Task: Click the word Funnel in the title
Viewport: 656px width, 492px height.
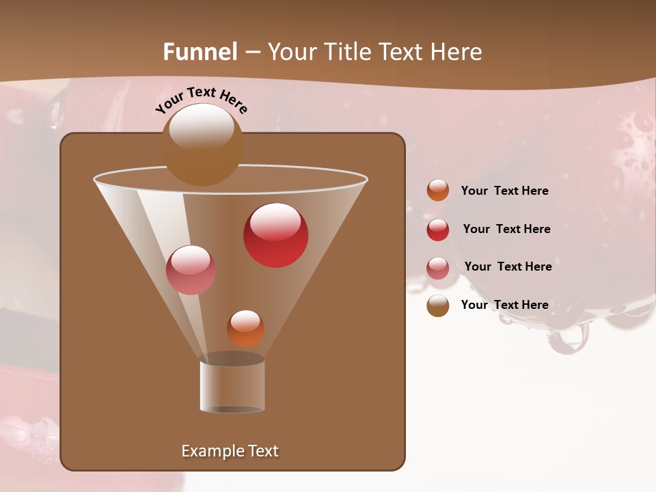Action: [x=200, y=52]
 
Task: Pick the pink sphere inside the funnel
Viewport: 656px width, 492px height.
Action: [x=191, y=270]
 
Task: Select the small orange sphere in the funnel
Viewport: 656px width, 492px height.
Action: [x=245, y=329]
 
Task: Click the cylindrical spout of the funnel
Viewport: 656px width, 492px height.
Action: [x=232, y=386]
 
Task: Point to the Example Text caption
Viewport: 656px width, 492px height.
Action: [x=230, y=451]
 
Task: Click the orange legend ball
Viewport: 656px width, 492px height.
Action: [x=438, y=191]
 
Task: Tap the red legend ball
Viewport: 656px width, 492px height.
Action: [x=438, y=230]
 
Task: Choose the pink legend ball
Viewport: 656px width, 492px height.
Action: [x=438, y=268]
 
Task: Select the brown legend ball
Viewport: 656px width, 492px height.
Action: [x=438, y=305]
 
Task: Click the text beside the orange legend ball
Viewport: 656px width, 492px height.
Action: [x=504, y=191]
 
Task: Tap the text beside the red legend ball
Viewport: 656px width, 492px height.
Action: [x=506, y=230]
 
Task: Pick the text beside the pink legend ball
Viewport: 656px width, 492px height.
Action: [x=508, y=267]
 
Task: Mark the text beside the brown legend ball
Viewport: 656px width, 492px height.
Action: [x=504, y=305]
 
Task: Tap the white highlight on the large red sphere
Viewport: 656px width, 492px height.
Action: [x=275, y=221]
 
